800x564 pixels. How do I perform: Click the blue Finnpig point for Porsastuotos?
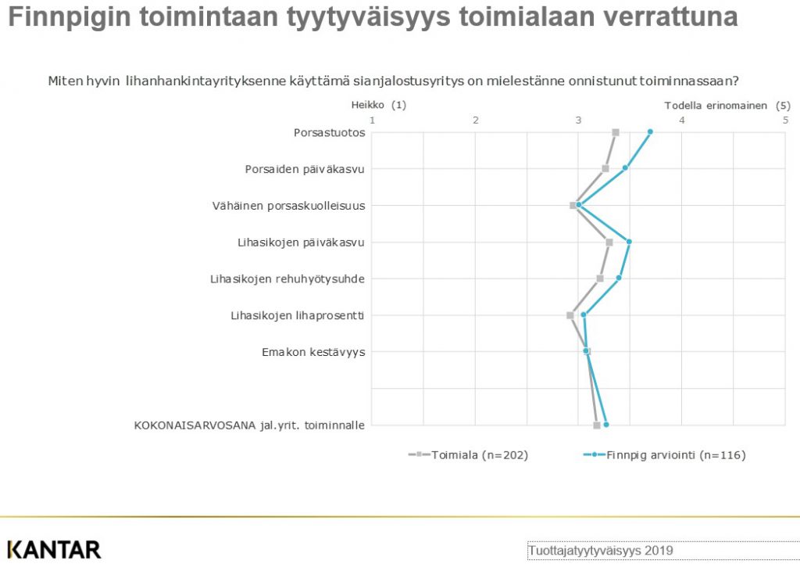(x=650, y=131)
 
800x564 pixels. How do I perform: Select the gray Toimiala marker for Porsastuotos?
(x=616, y=132)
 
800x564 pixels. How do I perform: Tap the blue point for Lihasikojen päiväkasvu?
(x=629, y=242)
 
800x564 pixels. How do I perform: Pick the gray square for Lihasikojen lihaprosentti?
(x=570, y=315)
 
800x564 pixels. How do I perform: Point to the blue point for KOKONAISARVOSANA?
(x=606, y=425)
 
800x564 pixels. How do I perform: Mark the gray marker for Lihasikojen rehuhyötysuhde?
(x=600, y=278)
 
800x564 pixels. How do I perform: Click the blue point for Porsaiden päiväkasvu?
(x=625, y=167)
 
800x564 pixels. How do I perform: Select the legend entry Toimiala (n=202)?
(x=469, y=454)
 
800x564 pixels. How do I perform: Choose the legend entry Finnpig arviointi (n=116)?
(x=664, y=454)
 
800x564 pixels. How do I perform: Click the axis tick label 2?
(x=476, y=120)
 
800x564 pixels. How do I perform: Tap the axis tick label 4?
(x=681, y=120)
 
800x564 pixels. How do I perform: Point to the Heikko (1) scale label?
(x=379, y=105)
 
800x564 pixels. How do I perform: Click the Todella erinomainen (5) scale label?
(x=727, y=106)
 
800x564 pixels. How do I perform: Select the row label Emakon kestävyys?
(x=313, y=352)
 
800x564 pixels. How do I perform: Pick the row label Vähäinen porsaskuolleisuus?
(x=289, y=206)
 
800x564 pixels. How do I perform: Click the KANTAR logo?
(x=54, y=550)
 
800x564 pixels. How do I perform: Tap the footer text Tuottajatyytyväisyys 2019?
(x=601, y=551)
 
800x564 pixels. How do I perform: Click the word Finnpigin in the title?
(x=70, y=17)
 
